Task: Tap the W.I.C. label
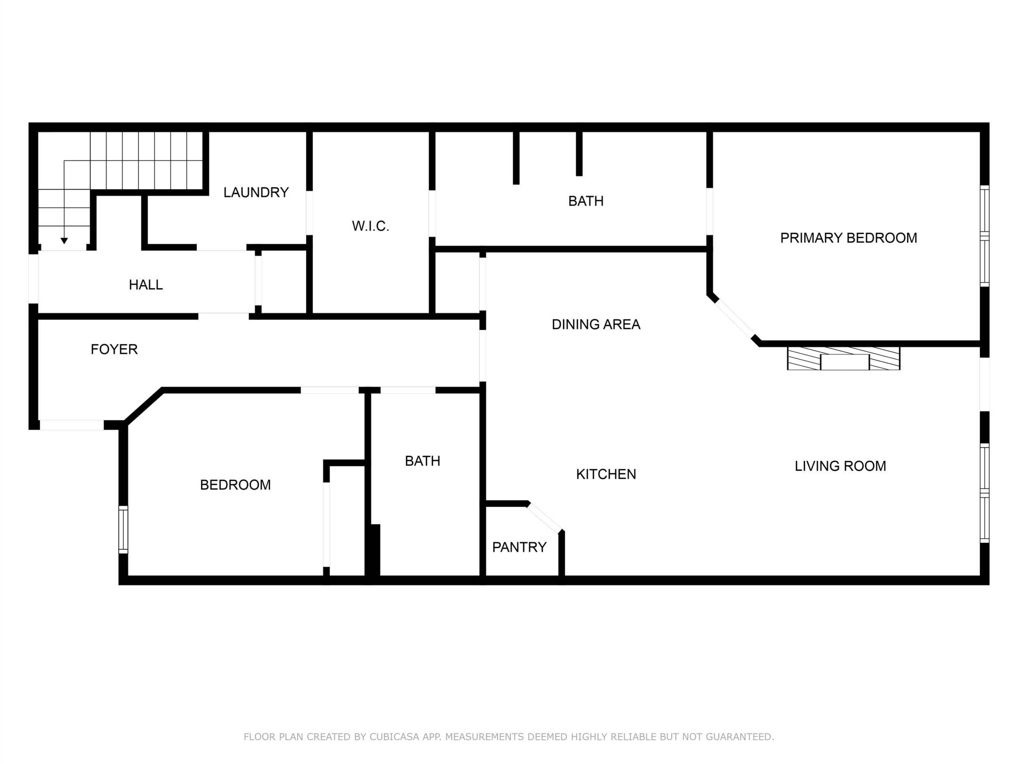(x=371, y=226)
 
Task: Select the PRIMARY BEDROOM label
(x=849, y=238)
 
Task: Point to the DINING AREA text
(x=596, y=324)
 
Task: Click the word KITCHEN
(x=606, y=474)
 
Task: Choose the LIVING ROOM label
(x=840, y=466)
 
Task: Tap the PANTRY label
(x=519, y=547)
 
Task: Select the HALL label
(x=146, y=285)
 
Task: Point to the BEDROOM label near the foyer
(x=235, y=485)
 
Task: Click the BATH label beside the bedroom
(x=422, y=461)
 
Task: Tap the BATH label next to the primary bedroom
(x=586, y=201)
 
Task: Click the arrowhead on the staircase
(x=64, y=240)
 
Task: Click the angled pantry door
(x=544, y=517)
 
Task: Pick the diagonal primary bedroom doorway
(x=734, y=319)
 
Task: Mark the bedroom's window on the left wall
(x=123, y=529)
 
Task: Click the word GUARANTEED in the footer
(x=740, y=737)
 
